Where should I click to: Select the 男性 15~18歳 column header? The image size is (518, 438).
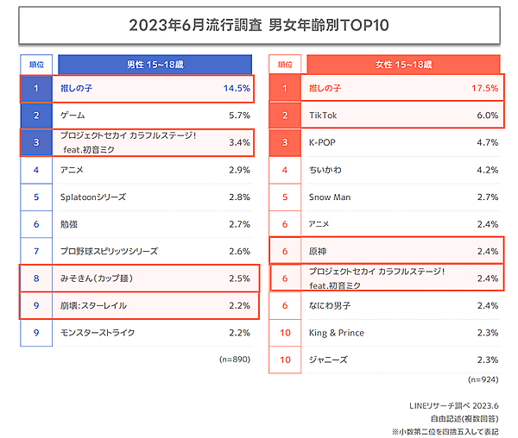(x=153, y=64)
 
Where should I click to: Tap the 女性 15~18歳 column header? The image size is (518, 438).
(x=403, y=64)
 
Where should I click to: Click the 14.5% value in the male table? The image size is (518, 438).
(x=236, y=88)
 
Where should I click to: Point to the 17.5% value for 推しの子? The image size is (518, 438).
(x=484, y=88)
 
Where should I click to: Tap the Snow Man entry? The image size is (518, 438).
(x=329, y=197)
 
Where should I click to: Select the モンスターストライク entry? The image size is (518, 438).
(x=98, y=333)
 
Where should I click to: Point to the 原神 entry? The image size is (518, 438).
(x=319, y=251)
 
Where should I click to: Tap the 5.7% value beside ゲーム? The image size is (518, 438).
(x=237, y=116)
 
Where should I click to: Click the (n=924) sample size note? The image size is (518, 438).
(x=482, y=379)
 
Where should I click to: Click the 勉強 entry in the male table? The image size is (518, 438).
(x=70, y=224)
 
